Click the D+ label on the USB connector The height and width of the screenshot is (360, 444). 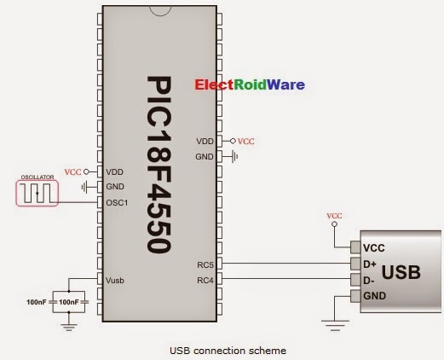point(370,264)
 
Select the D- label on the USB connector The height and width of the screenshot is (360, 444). point(369,280)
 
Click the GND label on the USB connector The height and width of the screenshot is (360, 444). point(373,296)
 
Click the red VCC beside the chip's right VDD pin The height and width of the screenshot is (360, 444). point(245,141)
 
